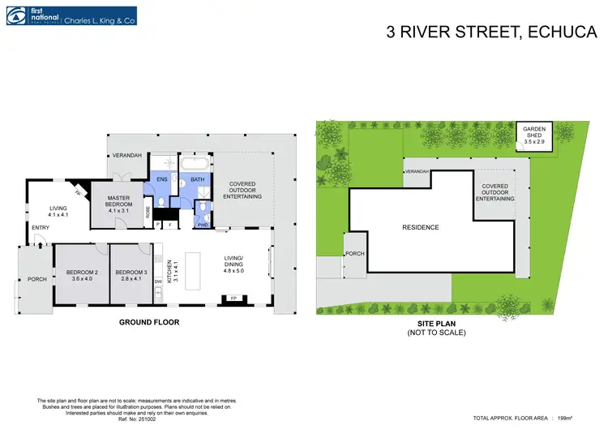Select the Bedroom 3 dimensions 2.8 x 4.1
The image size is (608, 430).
point(131,279)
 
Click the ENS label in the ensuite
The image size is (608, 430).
point(161,179)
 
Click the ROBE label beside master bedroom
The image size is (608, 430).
point(148,213)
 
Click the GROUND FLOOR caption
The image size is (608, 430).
point(149,322)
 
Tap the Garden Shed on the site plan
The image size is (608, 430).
point(534,135)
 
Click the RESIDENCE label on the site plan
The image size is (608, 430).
point(421,227)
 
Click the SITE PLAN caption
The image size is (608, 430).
point(431,323)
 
